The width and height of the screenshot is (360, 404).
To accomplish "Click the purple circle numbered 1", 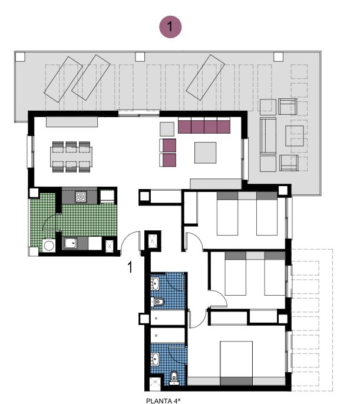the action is pyautogui.click(x=170, y=27).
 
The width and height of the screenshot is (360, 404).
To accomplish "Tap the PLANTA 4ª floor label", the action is pyautogui.click(x=163, y=400).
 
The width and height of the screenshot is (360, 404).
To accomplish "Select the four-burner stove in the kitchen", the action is pyautogui.click(x=81, y=197).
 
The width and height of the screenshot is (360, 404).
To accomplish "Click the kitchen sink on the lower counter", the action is pyautogui.click(x=71, y=243).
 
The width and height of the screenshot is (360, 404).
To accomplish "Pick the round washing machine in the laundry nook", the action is pyautogui.click(x=49, y=246).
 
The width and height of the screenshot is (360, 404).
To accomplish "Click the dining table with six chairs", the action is pyautogui.click(x=71, y=157).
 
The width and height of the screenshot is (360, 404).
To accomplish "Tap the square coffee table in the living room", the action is pyautogui.click(x=205, y=153).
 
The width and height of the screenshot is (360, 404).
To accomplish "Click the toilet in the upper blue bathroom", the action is pyautogui.click(x=158, y=302).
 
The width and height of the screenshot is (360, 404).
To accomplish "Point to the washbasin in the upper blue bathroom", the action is pyautogui.click(x=155, y=284).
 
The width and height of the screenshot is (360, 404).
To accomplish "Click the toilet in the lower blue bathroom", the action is pyautogui.click(x=174, y=377).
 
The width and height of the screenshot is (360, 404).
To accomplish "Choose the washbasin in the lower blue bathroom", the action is pyautogui.click(x=155, y=359).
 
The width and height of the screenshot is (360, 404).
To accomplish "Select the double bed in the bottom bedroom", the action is pyautogui.click(x=236, y=363).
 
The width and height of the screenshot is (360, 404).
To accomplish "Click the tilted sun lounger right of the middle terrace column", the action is pyautogui.click(x=206, y=77).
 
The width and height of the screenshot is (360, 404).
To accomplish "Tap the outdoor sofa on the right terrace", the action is pyautogui.click(x=268, y=136).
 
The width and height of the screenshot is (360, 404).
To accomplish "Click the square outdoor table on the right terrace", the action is pyautogui.click(x=294, y=136).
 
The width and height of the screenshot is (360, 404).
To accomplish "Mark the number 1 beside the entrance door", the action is pyautogui.click(x=130, y=267).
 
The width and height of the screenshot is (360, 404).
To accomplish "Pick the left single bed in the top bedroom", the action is pyautogui.click(x=227, y=213).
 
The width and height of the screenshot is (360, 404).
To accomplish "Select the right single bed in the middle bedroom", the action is pyautogui.click(x=275, y=273).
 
